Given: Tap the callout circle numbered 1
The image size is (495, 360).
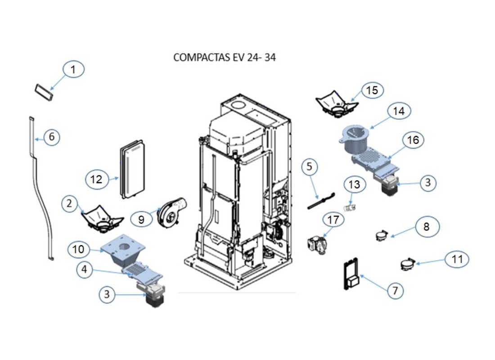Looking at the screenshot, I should coord(74,70).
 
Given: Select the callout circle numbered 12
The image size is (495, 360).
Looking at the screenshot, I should coord(96,180).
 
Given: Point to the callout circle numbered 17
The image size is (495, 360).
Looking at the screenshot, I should coord(333,220).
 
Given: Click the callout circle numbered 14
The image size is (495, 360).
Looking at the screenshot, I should coord(399,111).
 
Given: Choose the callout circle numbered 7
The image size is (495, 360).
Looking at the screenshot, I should coord(395,291).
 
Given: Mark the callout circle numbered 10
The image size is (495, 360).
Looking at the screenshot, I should coord(79,249).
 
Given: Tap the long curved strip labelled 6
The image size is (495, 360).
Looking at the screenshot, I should coord(40,189).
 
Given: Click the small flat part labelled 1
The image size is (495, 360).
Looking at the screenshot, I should coord(45,91).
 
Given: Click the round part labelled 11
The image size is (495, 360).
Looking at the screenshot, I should coord(407,265).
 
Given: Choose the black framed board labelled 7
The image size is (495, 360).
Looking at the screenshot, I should coord(351,274).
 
